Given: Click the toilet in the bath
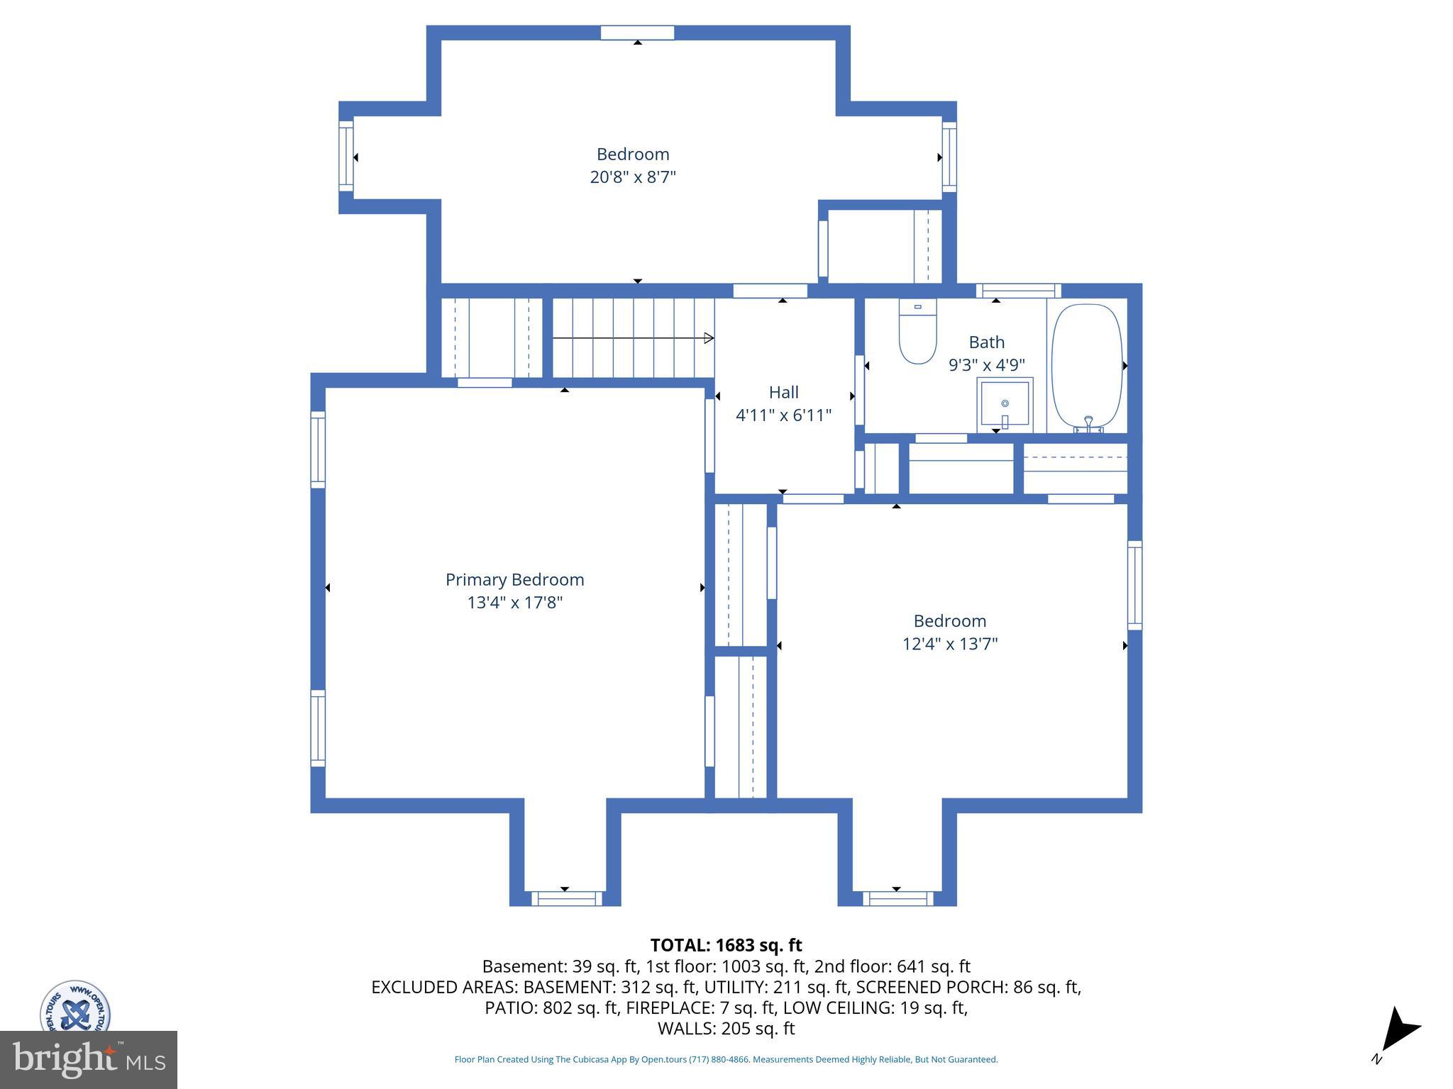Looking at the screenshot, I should coord(917,332).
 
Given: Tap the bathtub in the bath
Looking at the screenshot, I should coord(1086,367).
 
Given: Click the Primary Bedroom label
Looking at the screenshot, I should coord(514,579).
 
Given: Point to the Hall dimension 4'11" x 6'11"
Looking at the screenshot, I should coord(783,415).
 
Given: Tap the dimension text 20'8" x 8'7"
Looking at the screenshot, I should coord(633,177).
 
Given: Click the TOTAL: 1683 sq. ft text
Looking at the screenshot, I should coord(726,945).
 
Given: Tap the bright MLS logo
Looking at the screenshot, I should coord(88,1059).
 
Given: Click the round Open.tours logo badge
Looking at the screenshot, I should coord(75,1007).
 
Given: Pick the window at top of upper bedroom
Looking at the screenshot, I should coord(637,33).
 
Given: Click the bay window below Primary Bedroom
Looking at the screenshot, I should coord(566,898).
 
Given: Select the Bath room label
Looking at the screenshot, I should coord(986,342).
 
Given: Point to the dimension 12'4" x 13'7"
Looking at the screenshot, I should coord(949,644).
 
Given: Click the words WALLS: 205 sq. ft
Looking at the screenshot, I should coord(726,1028).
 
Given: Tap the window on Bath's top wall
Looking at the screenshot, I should coord(1018,290).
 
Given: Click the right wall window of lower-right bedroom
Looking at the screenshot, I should coord(1134,585).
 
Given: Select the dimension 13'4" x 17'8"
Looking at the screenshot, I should coord(514,603).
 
